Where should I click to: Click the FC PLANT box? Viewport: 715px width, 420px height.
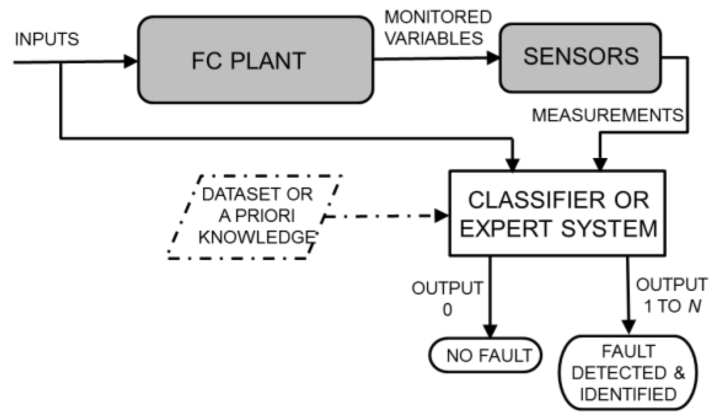256,60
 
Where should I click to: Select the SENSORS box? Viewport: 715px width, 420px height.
580,57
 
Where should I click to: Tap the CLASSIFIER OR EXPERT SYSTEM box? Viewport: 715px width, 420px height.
557,213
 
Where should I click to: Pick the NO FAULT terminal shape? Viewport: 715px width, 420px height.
486,355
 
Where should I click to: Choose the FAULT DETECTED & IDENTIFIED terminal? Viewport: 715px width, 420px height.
628,373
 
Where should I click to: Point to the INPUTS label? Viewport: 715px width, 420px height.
47,39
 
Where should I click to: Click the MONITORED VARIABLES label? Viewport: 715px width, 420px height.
437,28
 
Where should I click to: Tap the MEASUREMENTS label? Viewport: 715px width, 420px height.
607,115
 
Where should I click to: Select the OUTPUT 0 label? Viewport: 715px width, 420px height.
447,298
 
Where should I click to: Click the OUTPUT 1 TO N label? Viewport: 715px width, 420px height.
672,295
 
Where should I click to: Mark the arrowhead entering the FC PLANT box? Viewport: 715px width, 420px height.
131,61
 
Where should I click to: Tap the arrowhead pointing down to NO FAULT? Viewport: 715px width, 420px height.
490,330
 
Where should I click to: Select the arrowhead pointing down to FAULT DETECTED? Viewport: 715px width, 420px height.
629,327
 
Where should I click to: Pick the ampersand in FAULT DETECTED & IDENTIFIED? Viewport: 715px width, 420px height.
679,373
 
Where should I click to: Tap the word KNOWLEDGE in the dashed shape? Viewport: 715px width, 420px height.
257,237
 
